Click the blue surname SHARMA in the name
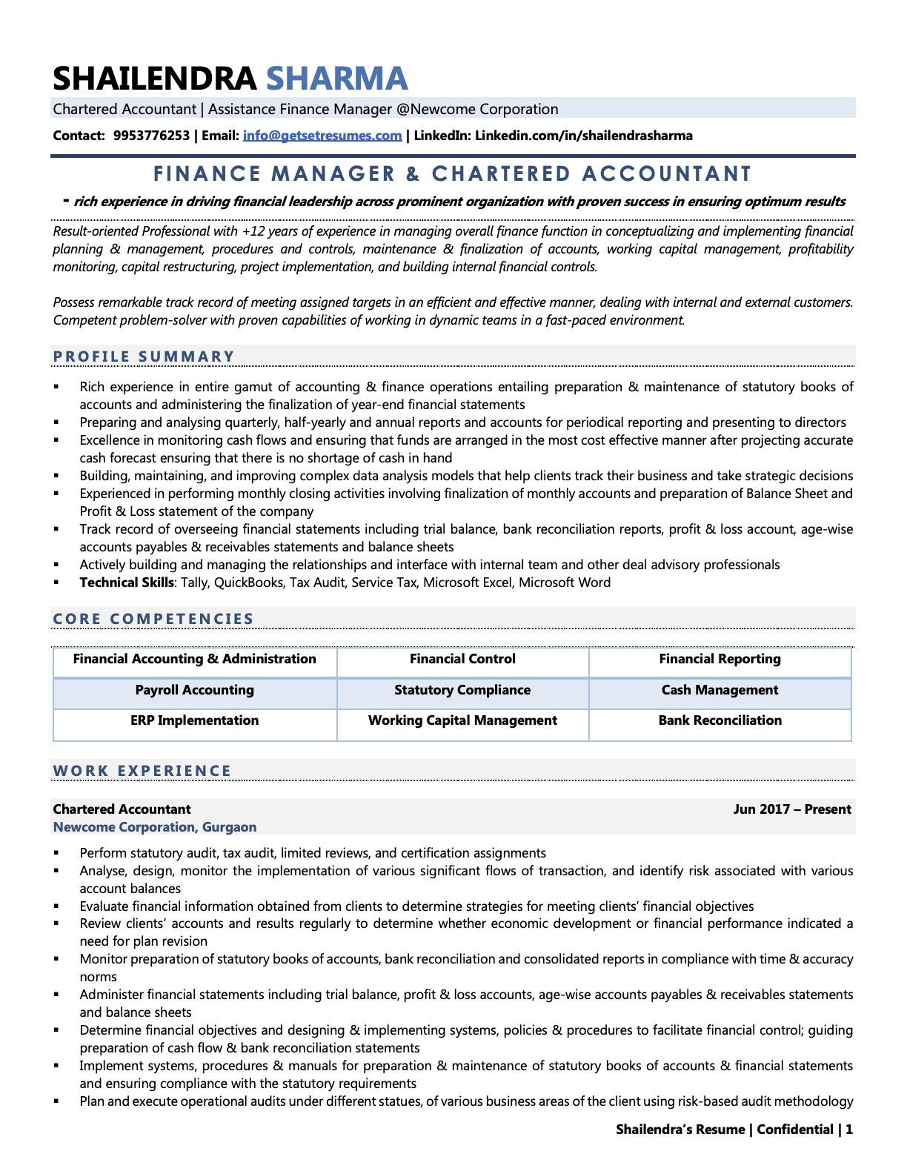tap(336, 79)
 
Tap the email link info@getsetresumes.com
tap(322, 136)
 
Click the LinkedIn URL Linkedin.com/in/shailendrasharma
tap(583, 136)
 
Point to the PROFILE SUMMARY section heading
tap(144, 356)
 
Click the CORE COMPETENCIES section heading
tap(153, 619)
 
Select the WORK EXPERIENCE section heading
tap(142, 771)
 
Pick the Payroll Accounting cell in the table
tap(194, 690)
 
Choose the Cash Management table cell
tap(720, 690)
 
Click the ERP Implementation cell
tap(194, 720)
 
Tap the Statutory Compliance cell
tap(462, 690)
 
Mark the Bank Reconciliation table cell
tap(720, 720)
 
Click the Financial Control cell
tap(462, 659)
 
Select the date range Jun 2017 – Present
tap(791, 809)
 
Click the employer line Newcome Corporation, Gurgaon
tap(155, 827)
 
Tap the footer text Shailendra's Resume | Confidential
tap(724, 1130)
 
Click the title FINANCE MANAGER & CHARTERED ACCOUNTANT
tap(453, 174)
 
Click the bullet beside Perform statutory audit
tap(56, 853)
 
